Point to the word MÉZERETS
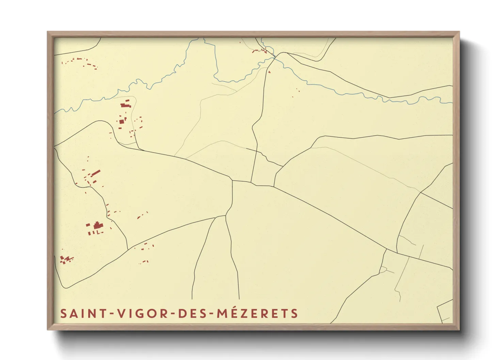pyautogui.click(x=258, y=313)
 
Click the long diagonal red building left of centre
pyautogui.click(x=96, y=173)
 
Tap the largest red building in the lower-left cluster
pyautogui.click(x=97, y=225)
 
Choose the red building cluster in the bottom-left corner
pyautogui.click(x=66, y=260)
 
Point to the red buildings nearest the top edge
pyautogui.click(x=259, y=51)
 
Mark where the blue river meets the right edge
pyautogui.click(x=452, y=102)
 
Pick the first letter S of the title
pyautogui.click(x=64, y=313)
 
